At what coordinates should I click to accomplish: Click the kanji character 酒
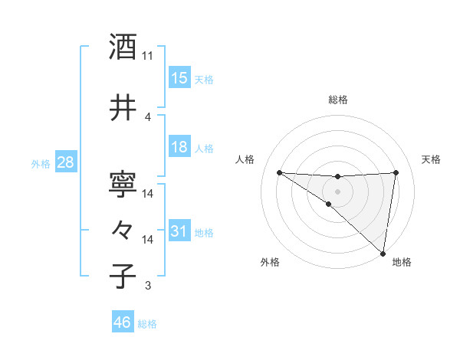point(123,47)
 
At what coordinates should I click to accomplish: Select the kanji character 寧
point(123,184)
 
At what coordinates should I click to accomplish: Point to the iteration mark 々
point(123,229)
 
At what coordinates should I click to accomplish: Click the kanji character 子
point(123,276)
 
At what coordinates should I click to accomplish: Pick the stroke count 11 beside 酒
point(148,56)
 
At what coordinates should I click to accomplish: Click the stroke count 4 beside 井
point(148,116)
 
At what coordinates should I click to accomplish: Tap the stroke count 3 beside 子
point(148,286)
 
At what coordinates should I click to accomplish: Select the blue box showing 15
point(179,78)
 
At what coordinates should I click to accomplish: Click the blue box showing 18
point(179,147)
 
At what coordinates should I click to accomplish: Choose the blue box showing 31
point(179,231)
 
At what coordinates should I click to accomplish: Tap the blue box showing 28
point(65,162)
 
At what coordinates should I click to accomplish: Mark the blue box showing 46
point(123,322)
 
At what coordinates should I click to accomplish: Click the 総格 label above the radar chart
point(338,100)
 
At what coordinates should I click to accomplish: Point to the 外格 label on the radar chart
point(269,262)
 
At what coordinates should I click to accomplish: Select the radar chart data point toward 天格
point(396,172)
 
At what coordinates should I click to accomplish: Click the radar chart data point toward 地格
point(383,254)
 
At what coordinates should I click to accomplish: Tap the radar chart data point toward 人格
point(279,172)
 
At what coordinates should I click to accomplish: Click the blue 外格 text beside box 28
point(41,163)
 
